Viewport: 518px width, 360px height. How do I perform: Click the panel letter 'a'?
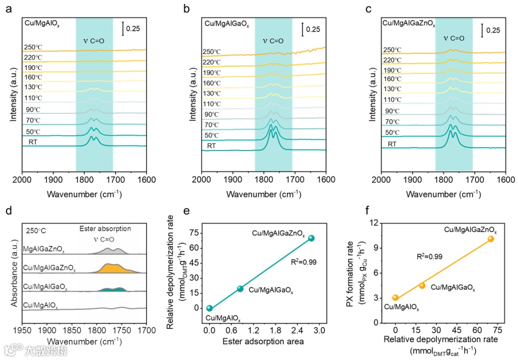coord(8,8)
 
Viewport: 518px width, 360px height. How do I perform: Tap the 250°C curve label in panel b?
coord(211,52)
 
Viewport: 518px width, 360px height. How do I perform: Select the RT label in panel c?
coord(392,144)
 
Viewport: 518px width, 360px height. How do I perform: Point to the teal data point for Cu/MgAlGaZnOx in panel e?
coord(311,238)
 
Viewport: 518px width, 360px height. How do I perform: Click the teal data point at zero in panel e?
coord(210,308)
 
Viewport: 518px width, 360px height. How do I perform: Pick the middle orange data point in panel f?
coord(422,286)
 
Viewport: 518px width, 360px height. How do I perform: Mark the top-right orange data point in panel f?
coord(491,239)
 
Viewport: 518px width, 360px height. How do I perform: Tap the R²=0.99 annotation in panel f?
coord(429,256)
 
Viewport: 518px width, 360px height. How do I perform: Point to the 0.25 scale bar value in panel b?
coord(313,29)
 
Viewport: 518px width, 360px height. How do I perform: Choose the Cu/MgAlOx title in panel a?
coord(42,22)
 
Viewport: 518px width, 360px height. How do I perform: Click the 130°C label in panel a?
coord(34,87)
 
